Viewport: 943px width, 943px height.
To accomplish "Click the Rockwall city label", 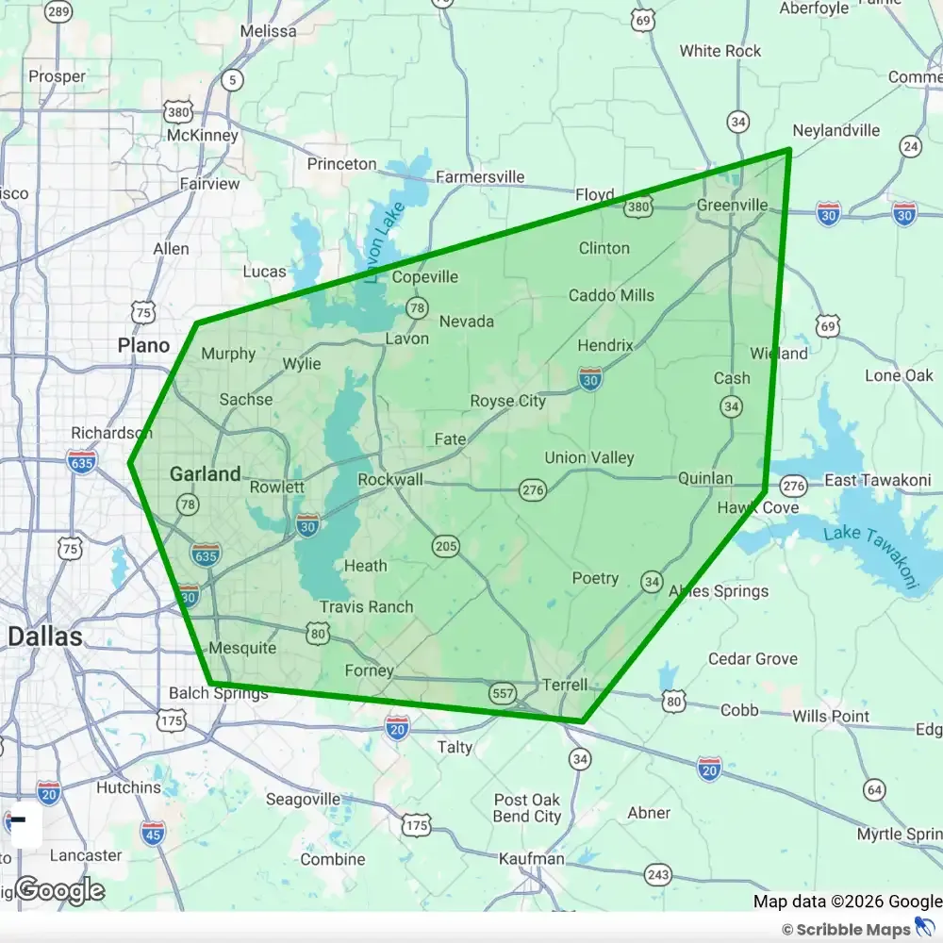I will (x=390, y=480).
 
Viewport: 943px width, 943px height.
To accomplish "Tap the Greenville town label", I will (x=733, y=205).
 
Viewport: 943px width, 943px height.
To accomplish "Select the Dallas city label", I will (x=44, y=637).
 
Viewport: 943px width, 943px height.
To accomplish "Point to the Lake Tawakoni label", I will (x=869, y=557).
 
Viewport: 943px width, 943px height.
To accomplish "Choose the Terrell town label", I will (x=566, y=685).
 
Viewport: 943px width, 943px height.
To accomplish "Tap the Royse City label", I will (x=507, y=401).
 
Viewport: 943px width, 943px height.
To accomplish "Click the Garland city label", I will (x=205, y=474).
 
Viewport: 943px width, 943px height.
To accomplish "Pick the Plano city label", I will (x=143, y=345).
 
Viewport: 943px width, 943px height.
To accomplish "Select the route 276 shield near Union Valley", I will (x=532, y=488).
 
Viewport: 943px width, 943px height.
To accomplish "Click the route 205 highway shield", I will (x=446, y=546).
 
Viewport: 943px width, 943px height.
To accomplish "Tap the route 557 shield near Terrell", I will (x=503, y=694).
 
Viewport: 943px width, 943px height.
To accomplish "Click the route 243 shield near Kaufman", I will (x=657, y=875).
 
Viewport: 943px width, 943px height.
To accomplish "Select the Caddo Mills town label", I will (x=611, y=295).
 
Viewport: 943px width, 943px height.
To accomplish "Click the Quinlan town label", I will (x=705, y=478).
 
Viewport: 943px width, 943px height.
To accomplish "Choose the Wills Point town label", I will (x=831, y=716).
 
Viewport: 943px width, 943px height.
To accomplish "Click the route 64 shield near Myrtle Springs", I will (x=874, y=789).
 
